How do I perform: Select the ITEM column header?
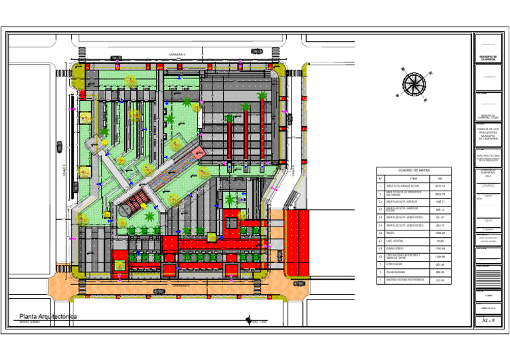pyautogui.click(x=413, y=178)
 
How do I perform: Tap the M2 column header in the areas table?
pyautogui.click(x=440, y=178)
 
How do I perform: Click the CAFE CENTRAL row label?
pyautogui.click(x=398, y=241)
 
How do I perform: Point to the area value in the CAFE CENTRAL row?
pyautogui.click(x=440, y=241)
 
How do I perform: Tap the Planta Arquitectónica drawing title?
pyautogui.click(x=47, y=316)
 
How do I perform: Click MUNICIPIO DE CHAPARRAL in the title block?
pyautogui.click(x=487, y=58)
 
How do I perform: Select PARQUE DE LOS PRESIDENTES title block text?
pyautogui.click(x=487, y=132)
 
